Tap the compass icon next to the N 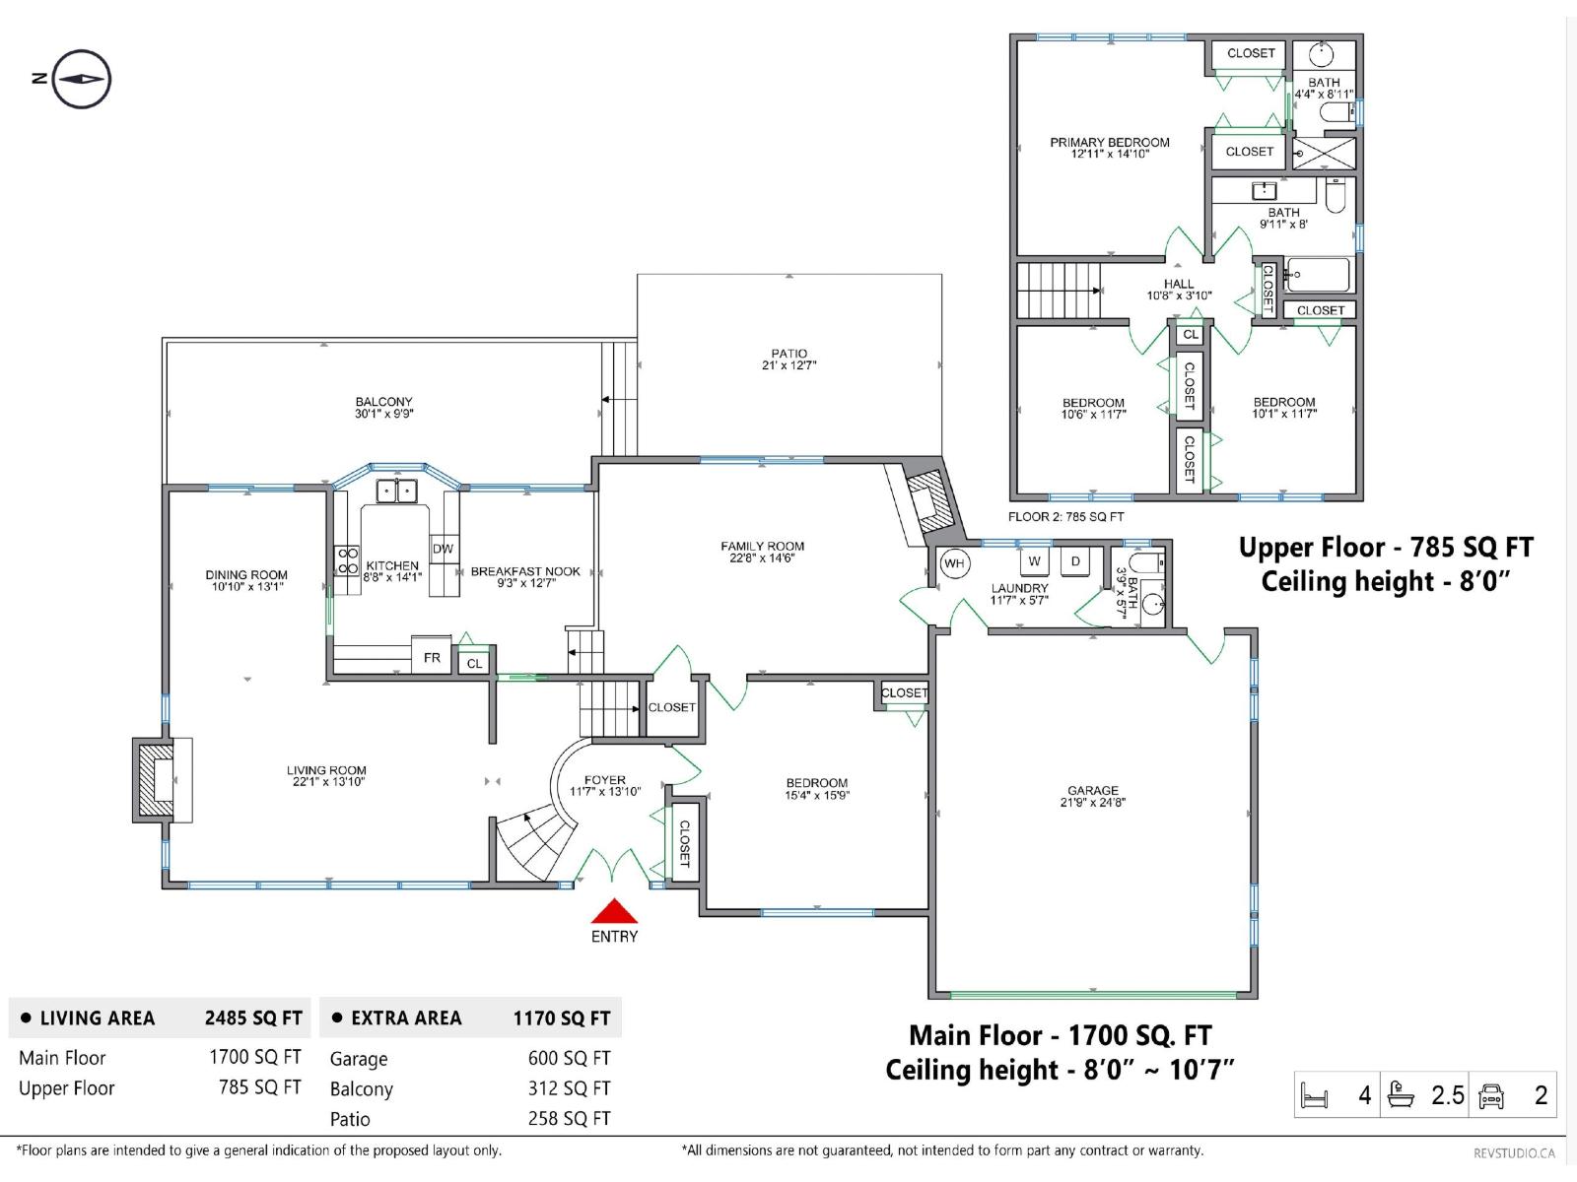point(81,79)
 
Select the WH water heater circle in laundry point(953,563)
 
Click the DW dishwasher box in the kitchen point(443,549)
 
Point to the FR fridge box point(432,657)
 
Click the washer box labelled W point(1034,561)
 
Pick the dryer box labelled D point(1075,561)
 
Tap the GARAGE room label point(1092,790)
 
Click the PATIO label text point(788,354)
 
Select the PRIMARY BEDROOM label point(1109,143)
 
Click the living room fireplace point(158,778)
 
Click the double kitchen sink point(398,490)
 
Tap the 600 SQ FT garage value point(569,1058)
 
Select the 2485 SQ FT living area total point(253,1018)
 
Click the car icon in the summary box point(1491,1095)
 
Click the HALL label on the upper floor point(1178,284)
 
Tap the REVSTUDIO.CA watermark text point(1514,1152)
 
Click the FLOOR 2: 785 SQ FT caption point(1065,516)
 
